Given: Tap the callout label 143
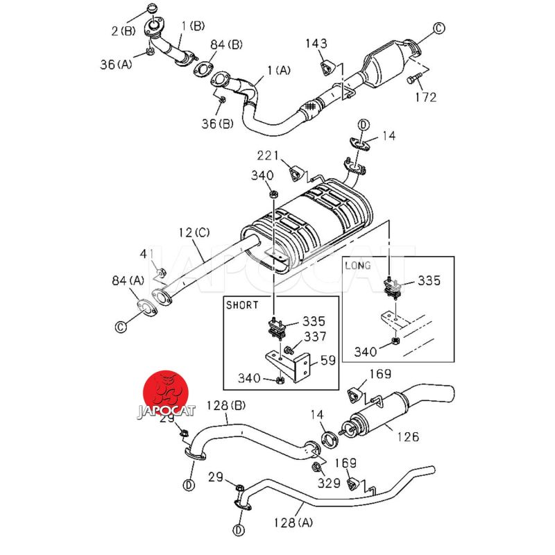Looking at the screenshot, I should (x=316, y=44).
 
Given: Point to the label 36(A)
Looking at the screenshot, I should (x=114, y=64).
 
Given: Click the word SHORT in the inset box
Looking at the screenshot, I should (x=242, y=305).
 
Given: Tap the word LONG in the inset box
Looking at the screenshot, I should (x=358, y=265).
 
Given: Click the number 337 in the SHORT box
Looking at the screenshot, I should (x=315, y=337).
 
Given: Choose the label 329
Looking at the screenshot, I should (x=329, y=484).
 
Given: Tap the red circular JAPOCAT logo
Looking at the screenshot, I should (x=165, y=395).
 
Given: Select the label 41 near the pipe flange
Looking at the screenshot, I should (x=146, y=254).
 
